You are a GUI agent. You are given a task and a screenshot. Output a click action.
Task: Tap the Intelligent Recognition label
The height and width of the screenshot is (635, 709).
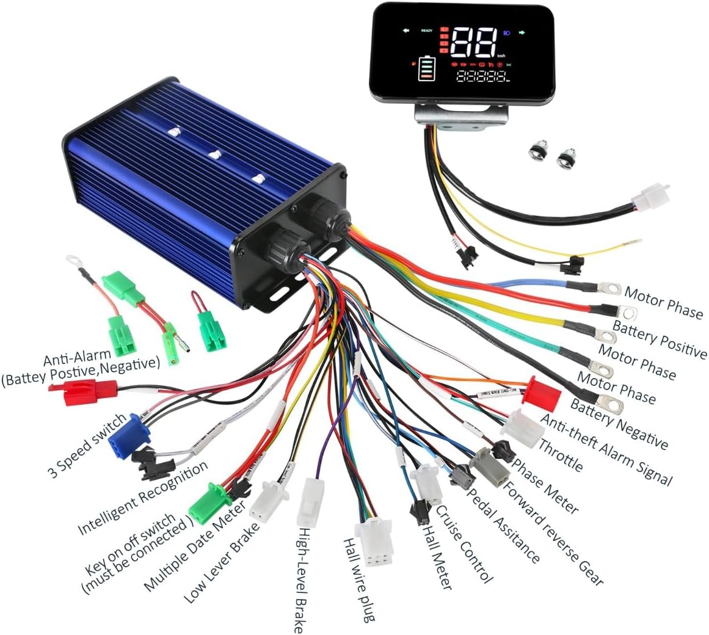tap(143, 498)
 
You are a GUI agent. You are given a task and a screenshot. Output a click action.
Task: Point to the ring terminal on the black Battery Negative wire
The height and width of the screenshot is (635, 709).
tap(608, 401)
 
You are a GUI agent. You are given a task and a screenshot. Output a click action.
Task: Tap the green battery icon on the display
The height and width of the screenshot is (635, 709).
tap(424, 69)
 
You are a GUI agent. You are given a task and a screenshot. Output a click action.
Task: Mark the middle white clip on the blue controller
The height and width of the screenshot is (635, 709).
tap(215, 154)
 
